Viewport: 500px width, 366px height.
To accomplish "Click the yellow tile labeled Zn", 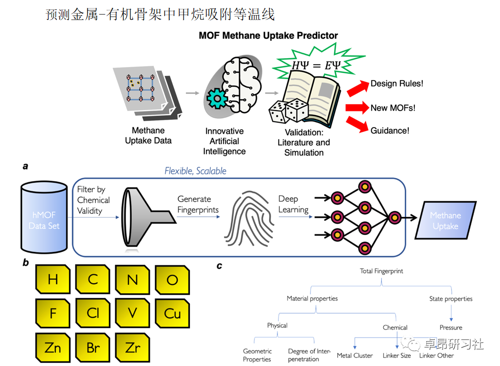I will point(53,346).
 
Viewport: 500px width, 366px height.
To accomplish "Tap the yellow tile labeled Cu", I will point(172,313).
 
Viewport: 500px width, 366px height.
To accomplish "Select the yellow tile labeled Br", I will point(93,346).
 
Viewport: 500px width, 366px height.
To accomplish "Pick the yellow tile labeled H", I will point(53,279).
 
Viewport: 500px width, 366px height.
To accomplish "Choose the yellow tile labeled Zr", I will point(133,346).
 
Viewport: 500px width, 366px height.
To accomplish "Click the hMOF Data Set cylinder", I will point(44,219).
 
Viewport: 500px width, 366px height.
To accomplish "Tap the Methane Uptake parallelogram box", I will point(445,221).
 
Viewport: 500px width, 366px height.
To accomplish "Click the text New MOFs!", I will point(393,108).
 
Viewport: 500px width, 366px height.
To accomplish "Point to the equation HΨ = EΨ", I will point(314,65).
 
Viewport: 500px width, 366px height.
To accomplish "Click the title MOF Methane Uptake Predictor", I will point(268,36).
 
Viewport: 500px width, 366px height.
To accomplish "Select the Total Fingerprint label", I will point(381,271).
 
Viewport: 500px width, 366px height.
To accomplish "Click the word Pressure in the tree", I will point(451,327).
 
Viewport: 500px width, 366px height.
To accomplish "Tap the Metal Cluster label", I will point(355,355).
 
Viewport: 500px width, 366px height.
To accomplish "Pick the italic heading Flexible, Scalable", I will point(195,171).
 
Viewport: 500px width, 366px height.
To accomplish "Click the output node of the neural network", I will point(394,217).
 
